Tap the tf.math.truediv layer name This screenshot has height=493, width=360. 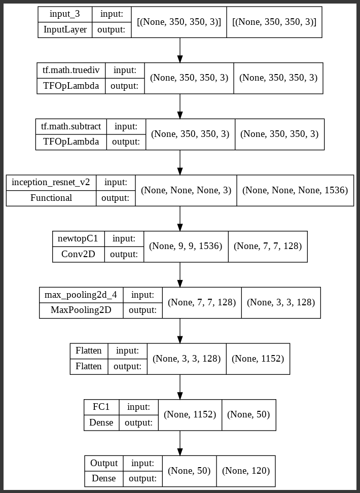(x=71, y=71)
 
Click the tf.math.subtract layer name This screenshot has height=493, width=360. (x=71, y=126)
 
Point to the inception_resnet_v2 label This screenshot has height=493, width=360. (x=51, y=182)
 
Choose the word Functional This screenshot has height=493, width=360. (x=51, y=198)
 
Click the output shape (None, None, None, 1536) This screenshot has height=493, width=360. (x=295, y=190)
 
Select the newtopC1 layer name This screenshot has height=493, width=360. (x=78, y=238)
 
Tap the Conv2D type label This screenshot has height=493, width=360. (x=78, y=254)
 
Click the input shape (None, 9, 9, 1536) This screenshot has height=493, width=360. (x=186, y=246)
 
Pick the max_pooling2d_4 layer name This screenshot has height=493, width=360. (x=81, y=295)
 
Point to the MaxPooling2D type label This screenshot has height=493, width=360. (x=81, y=310)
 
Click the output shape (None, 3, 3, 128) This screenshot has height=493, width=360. (x=281, y=302)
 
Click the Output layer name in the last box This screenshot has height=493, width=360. (x=104, y=463)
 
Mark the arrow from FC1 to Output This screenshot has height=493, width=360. (x=179, y=442)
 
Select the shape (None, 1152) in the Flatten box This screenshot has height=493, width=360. (x=258, y=359)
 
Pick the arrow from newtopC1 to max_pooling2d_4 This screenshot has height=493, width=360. (x=179, y=274)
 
